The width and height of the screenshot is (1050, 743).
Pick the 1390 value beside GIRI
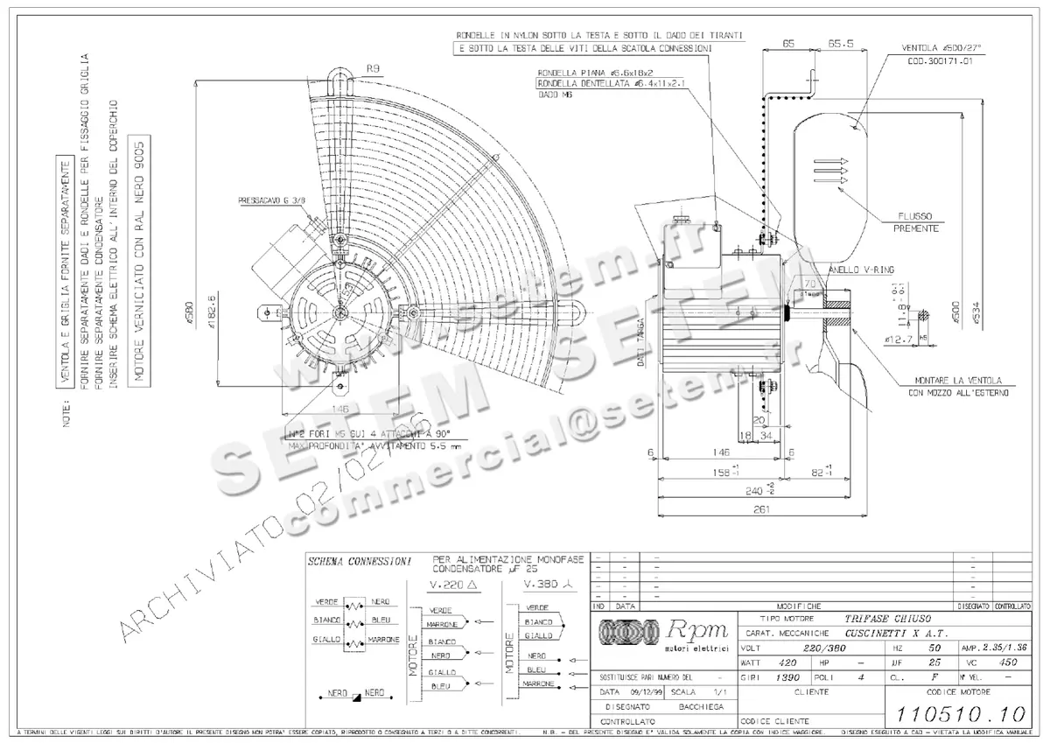(x=787, y=677)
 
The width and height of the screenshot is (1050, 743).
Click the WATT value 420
(x=787, y=663)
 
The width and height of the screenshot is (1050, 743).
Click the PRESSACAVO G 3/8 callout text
(x=271, y=200)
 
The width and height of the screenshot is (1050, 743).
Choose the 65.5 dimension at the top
(x=840, y=42)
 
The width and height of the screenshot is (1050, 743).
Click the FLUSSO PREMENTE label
(x=916, y=222)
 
